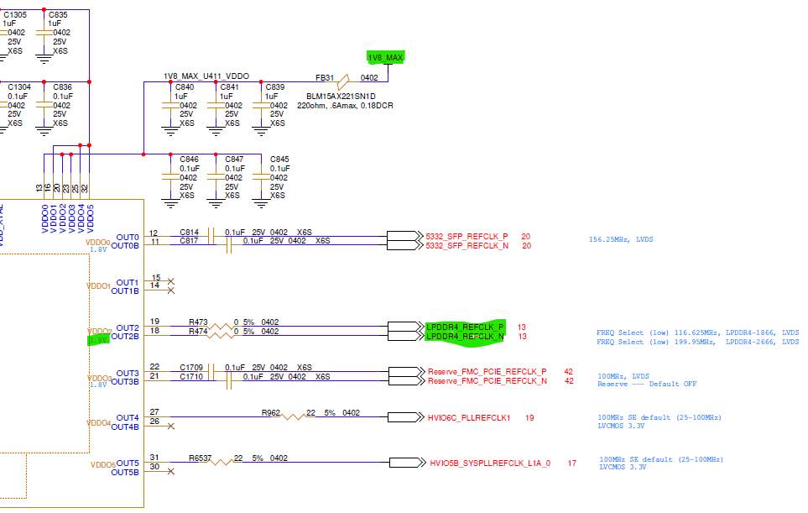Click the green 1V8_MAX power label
[386, 57]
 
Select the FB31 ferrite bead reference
[325, 77]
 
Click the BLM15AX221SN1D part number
[335, 96]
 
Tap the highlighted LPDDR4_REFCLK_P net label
[466, 327]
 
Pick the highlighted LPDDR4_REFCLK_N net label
[466, 337]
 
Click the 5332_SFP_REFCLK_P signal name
[467, 236]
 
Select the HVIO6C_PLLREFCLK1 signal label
[469, 417]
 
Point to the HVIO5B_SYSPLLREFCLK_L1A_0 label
[490, 463]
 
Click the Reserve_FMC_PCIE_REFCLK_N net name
[487, 382]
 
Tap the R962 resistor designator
[271, 412]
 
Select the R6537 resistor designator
[201, 458]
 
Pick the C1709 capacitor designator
[192, 367]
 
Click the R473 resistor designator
[198, 322]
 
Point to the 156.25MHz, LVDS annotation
[621, 239]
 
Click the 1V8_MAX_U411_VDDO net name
[206, 76]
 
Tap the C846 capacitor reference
[189, 159]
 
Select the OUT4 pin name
[128, 417]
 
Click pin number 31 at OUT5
[154, 458]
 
